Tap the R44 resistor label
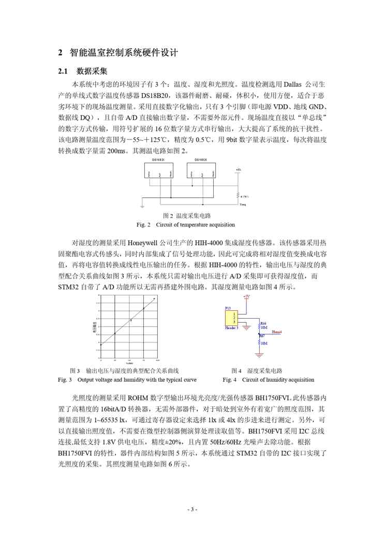coord(263,323)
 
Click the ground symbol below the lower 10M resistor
coord(259,355)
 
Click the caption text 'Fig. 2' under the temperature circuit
coord(143,225)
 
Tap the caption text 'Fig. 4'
coord(229,380)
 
